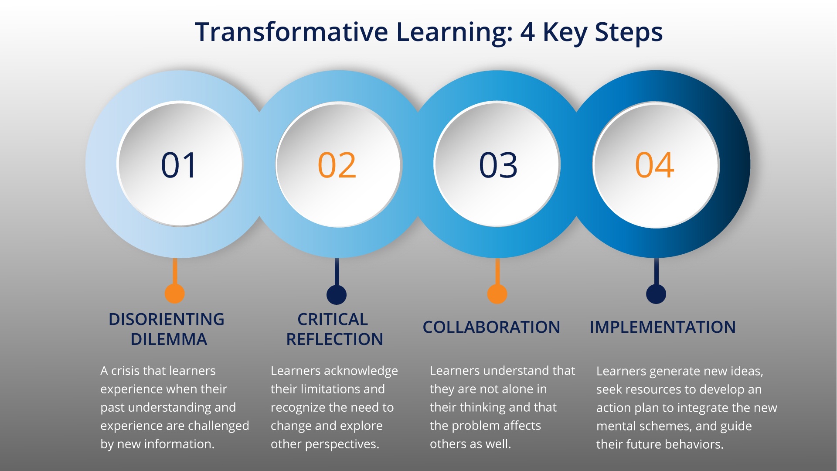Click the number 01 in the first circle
[179, 165]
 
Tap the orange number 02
[337, 165]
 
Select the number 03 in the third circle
[498, 165]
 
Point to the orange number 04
[655, 165]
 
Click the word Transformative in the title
[291, 32]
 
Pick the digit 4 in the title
[527, 32]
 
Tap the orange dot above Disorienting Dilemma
[175, 294]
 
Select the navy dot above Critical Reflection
[337, 294]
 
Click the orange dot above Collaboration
[497, 294]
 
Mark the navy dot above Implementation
[656, 294]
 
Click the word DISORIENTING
[167, 319]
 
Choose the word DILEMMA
[169, 339]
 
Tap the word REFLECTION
[335, 339]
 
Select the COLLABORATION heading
[491, 327]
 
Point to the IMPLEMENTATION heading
[663, 327]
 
